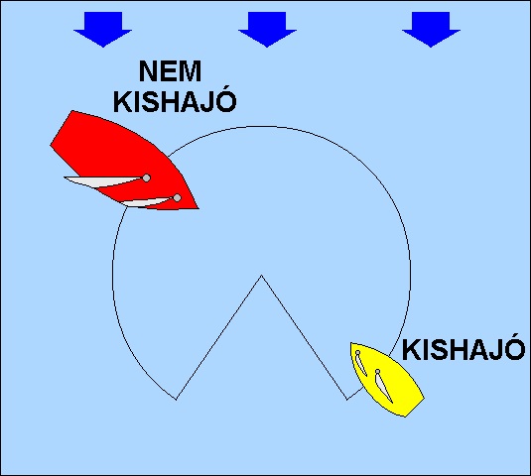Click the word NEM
pos(170,71)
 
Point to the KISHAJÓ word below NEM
pos(175,102)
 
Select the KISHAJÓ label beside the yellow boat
pos(463,349)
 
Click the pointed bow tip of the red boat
pos(199,208)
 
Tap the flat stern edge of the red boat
pos(62,128)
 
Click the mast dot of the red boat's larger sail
pos(146,178)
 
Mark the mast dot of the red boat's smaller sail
pos(177,198)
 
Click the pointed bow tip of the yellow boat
pos(351,343)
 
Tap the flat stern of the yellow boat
pos(415,408)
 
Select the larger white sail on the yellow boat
pos(384,387)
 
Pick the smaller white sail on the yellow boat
pos(361,363)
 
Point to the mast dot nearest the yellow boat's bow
pos(358,352)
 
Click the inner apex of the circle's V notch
pos(261,276)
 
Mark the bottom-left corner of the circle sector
pos(177,400)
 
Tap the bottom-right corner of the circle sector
pos(346,400)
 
